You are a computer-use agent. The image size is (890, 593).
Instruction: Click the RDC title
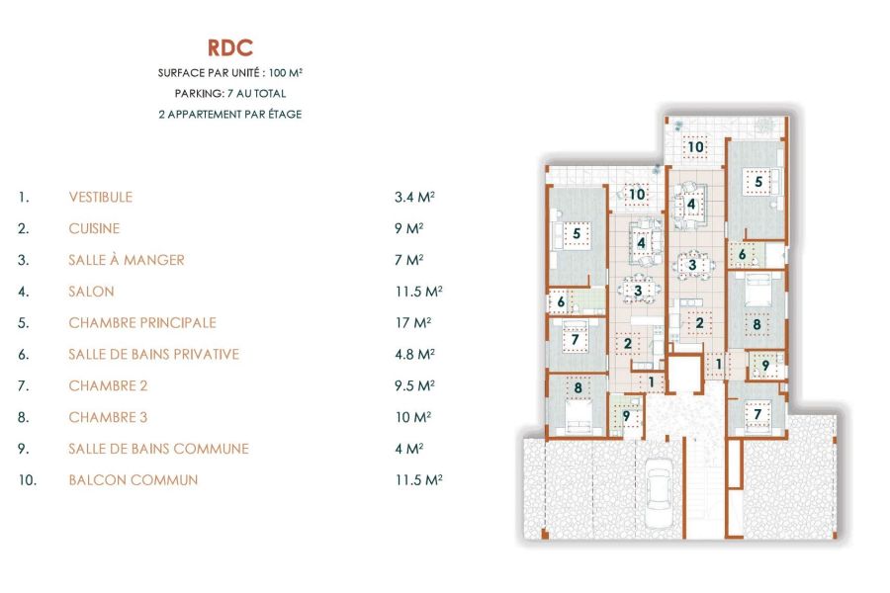[x=229, y=48]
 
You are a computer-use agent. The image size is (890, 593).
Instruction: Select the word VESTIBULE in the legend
[x=100, y=197]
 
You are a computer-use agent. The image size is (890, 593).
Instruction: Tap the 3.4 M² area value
[x=414, y=197]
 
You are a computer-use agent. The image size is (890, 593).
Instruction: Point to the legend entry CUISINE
[x=94, y=228]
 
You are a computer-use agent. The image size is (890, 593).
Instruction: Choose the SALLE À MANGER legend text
[x=127, y=260]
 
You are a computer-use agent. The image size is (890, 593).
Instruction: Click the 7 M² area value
[x=408, y=260]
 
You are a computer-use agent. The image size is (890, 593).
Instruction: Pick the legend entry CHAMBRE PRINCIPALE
[x=142, y=323]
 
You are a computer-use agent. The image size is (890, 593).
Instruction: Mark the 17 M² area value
[x=410, y=323]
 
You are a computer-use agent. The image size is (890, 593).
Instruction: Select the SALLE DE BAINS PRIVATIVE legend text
[x=153, y=354]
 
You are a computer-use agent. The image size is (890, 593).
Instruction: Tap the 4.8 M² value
[x=414, y=354]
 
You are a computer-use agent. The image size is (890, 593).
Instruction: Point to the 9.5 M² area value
[x=414, y=385]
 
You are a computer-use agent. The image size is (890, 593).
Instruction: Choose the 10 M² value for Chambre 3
[x=410, y=417]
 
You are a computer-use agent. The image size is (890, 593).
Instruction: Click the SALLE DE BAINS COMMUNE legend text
[x=158, y=449]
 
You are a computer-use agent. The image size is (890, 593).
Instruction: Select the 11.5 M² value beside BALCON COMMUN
[x=417, y=480]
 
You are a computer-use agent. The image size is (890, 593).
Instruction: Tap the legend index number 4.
[x=23, y=292]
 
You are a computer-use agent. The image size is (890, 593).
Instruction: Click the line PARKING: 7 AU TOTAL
[x=229, y=94]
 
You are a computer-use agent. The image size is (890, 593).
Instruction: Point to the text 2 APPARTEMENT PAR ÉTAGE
[x=229, y=114]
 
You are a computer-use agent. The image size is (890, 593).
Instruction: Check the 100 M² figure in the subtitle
[x=281, y=74]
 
